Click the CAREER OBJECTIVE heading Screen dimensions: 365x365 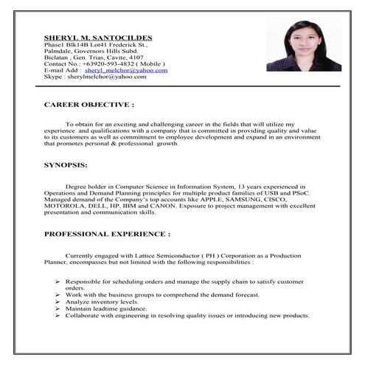pyautogui.click(x=89, y=105)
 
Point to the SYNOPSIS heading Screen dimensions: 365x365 pyautogui.click(x=66, y=164)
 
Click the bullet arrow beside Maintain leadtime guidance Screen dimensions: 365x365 pyautogui.click(x=58, y=309)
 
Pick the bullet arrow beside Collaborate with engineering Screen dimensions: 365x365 pyautogui.click(x=58, y=316)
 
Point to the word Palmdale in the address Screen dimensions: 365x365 pyautogui.click(x=59, y=50)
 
